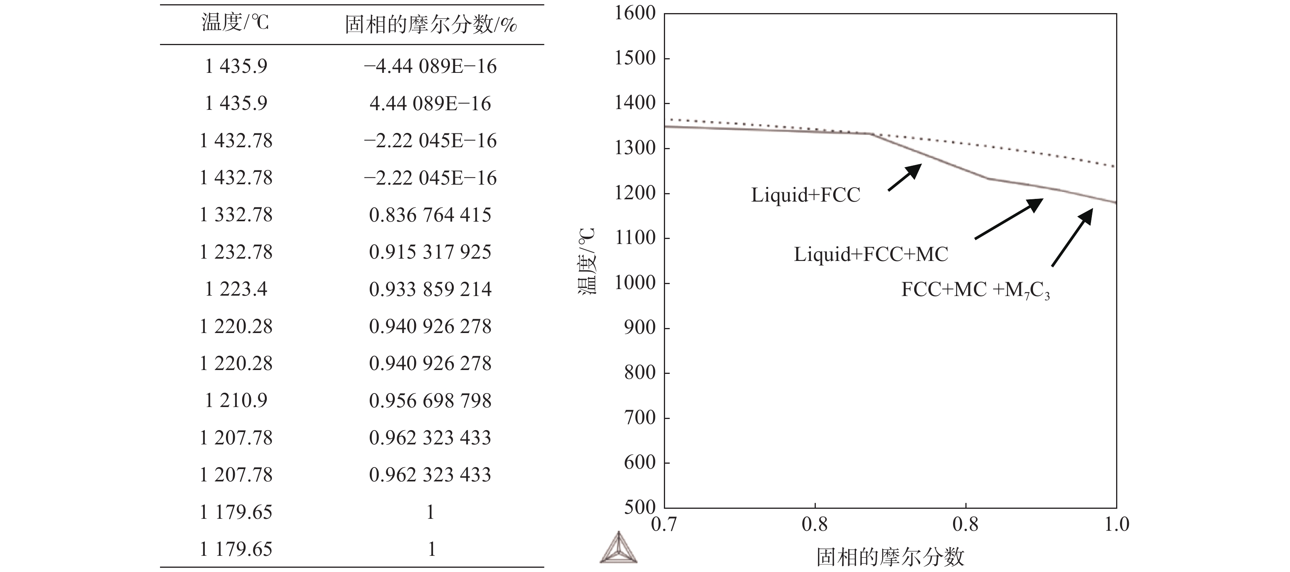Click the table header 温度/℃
[235, 23]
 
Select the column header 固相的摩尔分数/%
[431, 24]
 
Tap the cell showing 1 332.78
[236, 215]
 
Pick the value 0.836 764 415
[430, 215]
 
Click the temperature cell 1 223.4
[236, 289]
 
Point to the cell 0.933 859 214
[430, 289]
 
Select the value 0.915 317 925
[430, 252]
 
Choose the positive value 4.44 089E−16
[430, 104]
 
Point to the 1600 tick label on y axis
[635, 13]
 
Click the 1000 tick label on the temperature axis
[635, 283]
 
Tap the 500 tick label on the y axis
[640, 507]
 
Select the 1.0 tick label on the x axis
[1116, 525]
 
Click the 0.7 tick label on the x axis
[664, 525]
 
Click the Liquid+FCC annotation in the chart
[805, 195]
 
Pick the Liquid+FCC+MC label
[871, 254]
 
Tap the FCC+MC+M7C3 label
[975, 290]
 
